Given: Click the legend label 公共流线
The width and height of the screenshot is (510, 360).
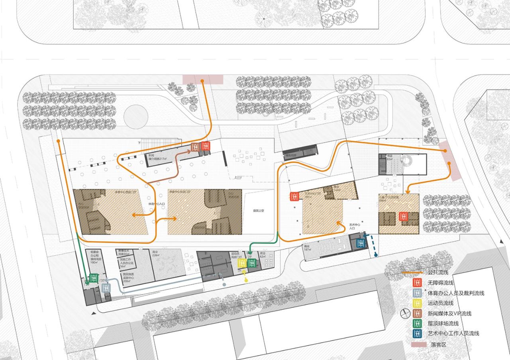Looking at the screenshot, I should point(438,273).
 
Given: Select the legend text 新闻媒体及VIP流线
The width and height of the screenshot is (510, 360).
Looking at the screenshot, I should point(449,313).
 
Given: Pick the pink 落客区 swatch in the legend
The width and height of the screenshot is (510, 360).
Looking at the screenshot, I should point(417,344).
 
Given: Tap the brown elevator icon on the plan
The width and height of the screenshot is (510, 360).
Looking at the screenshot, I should point(195,147).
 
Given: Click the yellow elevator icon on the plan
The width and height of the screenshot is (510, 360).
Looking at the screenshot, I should point(242,263).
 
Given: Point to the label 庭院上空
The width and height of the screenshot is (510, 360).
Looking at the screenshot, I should point(259,210).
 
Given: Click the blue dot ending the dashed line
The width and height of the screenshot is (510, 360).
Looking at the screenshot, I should point(377,255).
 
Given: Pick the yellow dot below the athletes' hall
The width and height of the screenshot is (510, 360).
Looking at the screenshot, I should point(246,280).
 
